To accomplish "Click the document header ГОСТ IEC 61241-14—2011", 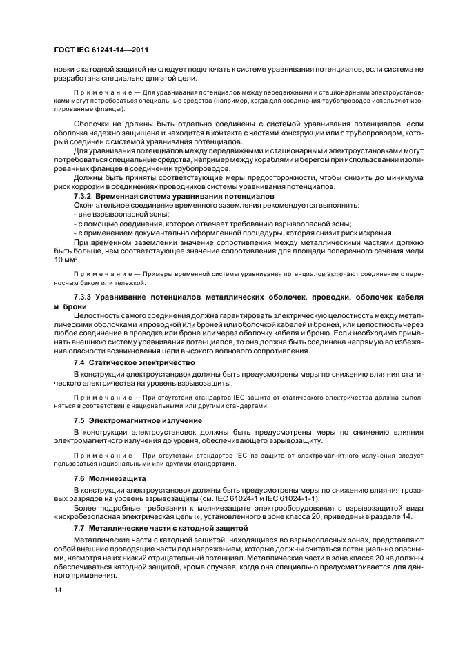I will pyautogui.click(x=101, y=50).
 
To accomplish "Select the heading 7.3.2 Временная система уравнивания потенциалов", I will pyautogui.click(x=164, y=197).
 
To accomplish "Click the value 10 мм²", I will pyautogui.click(x=68, y=260).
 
